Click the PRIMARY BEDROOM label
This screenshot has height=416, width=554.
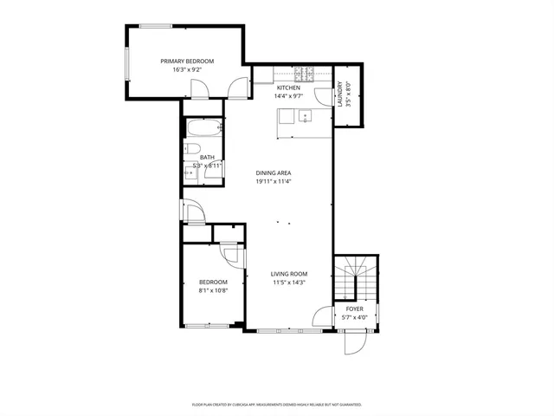(x=187, y=61)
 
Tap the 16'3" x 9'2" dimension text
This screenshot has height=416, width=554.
(x=187, y=69)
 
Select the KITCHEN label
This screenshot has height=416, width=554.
(x=288, y=88)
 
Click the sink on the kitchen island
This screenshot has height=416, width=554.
(x=305, y=115)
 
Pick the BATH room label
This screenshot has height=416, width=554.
(x=207, y=157)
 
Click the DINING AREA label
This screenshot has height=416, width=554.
(x=273, y=173)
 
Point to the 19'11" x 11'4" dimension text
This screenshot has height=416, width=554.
(x=273, y=182)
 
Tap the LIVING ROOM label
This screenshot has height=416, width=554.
(x=289, y=274)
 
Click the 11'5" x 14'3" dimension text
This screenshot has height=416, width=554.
(x=289, y=283)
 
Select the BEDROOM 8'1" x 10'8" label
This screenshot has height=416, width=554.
(x=213, y=286)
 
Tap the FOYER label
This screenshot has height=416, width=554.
(x=354, y=309)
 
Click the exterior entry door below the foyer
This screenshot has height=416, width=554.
(x=355, y=344)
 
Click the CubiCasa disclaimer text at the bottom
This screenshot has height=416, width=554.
(x=276, y=405)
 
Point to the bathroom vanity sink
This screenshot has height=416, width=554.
(x=190, y=172)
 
